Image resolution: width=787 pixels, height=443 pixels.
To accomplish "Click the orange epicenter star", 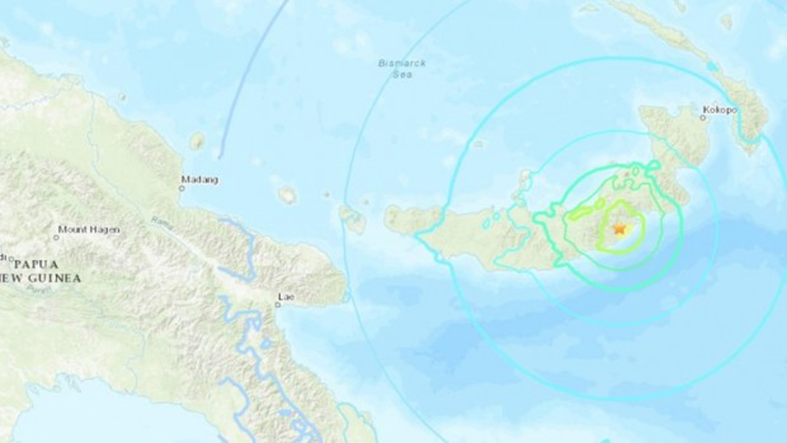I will (x=619, y=228).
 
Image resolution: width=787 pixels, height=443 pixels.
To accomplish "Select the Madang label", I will (x=201, y=180).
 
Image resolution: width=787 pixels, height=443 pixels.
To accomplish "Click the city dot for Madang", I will (x=182, y=187).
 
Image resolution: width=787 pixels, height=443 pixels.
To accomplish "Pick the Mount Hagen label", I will (x=88, y=229).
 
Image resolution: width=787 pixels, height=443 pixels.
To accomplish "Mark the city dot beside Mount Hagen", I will (x=56, y=238).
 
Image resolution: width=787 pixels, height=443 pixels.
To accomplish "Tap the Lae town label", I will (x=284, y=295).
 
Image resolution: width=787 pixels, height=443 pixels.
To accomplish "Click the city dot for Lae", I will (x=279, y=304).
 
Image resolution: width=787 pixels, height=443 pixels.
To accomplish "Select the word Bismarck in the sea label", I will (x=402, y=63).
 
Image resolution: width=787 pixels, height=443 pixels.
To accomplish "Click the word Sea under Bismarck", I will (x=402, y=73).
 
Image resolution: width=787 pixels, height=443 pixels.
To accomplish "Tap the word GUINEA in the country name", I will (x=59, y=278).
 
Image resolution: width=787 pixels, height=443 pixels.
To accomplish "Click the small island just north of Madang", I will (x=197, y=141).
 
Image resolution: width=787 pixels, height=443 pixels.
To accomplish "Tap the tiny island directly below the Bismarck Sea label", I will (x=478, y=144).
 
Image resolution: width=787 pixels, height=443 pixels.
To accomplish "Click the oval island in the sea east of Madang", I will (x=287, y=195).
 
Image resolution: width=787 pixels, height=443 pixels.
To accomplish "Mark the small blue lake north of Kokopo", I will (x=712, y=67).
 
